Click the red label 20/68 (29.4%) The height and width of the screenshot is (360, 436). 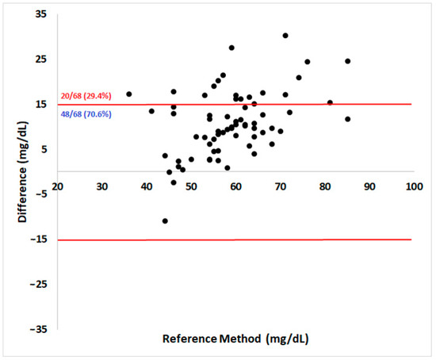[86, 98]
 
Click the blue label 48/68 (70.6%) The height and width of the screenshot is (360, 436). [86, 115]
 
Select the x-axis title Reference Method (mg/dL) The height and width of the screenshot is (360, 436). [235, 339]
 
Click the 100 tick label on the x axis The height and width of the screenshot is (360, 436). [412, 186]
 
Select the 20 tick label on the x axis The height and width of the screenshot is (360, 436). [58, 186]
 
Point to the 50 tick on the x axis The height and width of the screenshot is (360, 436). [191, 186]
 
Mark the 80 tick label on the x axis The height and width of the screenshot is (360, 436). [324, 186]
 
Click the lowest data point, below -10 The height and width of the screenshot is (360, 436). [165, 221]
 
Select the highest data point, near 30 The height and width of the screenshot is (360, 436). [285, 36]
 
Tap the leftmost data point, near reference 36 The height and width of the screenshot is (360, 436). [129, 94]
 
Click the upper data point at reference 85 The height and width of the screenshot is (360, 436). [347, 61]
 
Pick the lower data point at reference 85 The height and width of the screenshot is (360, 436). [347, 119]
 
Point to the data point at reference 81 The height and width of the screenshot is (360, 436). [330, 102]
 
